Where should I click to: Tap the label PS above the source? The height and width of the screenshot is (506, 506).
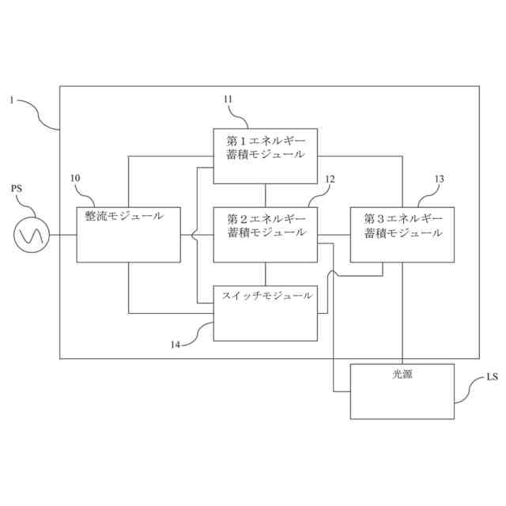click(17, 190)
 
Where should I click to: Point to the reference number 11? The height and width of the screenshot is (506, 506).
click(228, 99)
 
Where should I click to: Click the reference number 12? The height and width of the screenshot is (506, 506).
click(330, 179)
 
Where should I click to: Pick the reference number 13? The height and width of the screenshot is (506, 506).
click(439, 179)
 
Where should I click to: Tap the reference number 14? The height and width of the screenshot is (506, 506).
click(176, 344)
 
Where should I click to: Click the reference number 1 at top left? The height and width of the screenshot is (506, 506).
click(12, 100)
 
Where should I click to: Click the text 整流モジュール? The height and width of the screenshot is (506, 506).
click(125, 215)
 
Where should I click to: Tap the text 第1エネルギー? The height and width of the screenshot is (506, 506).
click(265, 138)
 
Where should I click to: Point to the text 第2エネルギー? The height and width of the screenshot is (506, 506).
click(265, 217)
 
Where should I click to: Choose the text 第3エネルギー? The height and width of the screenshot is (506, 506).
click(402, 217)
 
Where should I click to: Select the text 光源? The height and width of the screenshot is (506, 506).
click(402, 375)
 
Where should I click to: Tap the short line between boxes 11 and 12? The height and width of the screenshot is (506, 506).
click(266, 194)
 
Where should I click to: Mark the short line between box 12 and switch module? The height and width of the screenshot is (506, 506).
click(266, 274)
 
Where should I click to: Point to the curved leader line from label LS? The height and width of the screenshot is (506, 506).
click(471, 391)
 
